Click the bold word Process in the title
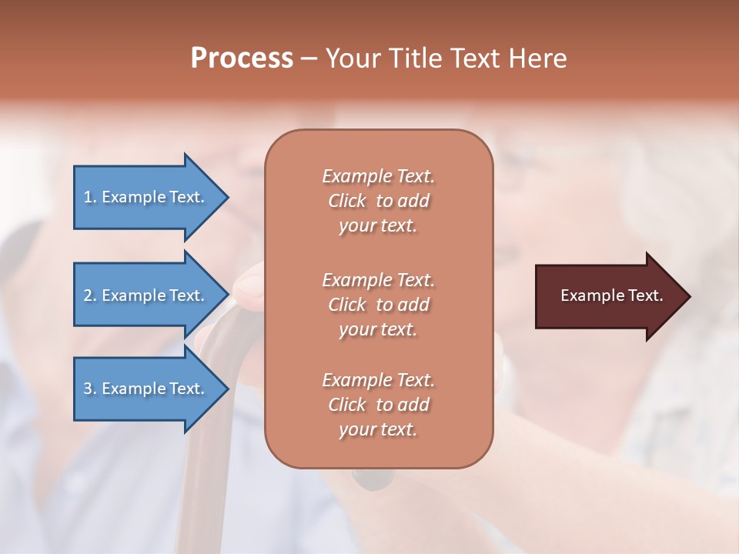[242, 58]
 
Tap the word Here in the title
[537, 58]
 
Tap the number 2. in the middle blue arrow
[89, 295]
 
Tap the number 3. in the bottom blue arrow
[89, 389]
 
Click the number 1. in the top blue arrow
[89, 197]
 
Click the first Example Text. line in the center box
[378, 176]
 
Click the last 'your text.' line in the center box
[378, 430]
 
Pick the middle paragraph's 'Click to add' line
[378, 305]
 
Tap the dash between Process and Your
[309, 58]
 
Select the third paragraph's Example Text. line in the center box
[378, 380]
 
